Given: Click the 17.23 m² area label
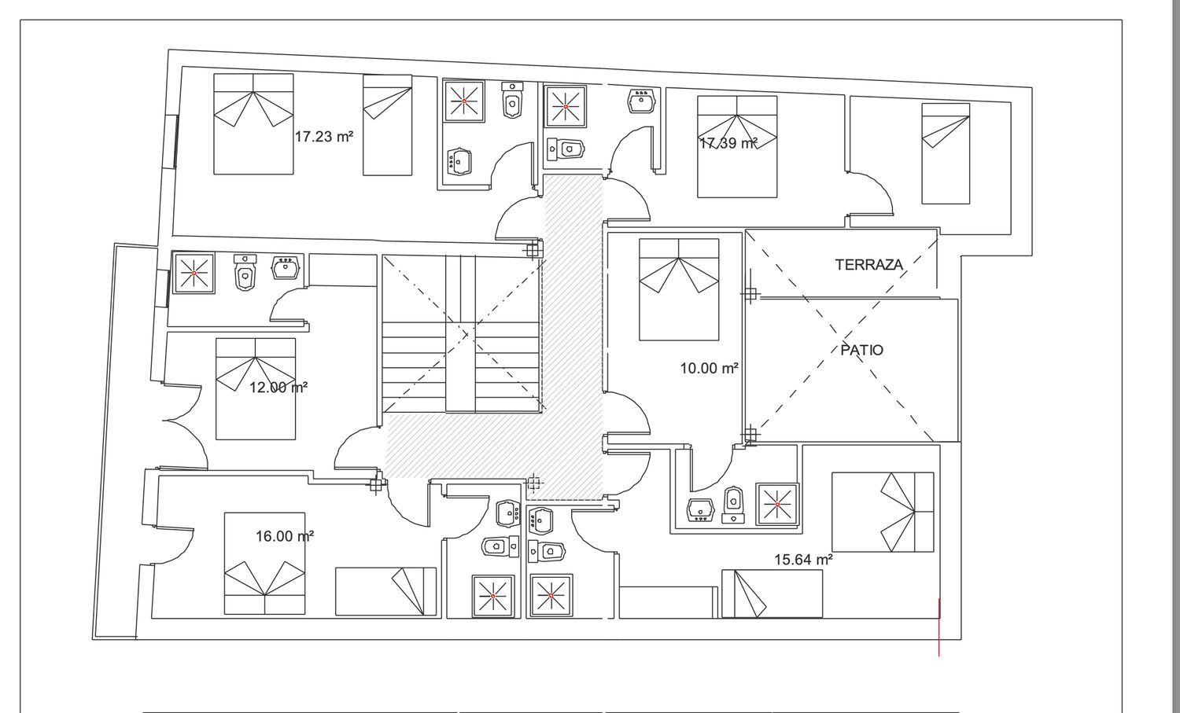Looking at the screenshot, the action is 323,137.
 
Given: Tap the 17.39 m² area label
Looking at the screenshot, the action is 728,143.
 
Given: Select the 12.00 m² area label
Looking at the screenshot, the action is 278,388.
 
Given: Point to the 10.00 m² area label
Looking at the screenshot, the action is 709,368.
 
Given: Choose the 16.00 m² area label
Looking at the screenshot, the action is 285,536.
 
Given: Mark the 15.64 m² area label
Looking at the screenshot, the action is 803,559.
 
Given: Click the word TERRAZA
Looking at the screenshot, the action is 869,264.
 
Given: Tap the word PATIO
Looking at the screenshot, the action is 862,350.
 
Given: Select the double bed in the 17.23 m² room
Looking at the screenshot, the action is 253,123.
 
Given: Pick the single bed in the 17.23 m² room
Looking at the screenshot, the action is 387,125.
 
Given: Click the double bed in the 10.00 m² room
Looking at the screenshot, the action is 679,289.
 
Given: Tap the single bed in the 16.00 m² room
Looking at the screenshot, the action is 386,591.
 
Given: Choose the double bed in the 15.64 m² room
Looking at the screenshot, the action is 883,512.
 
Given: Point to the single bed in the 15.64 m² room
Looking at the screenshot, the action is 772,594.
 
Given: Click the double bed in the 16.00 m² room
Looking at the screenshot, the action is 264,564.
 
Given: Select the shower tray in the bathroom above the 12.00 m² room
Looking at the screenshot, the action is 194,273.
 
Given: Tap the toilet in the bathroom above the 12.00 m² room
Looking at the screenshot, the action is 245,272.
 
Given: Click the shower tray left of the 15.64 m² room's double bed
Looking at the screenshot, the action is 777,505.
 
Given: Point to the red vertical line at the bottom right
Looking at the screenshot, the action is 938,627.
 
